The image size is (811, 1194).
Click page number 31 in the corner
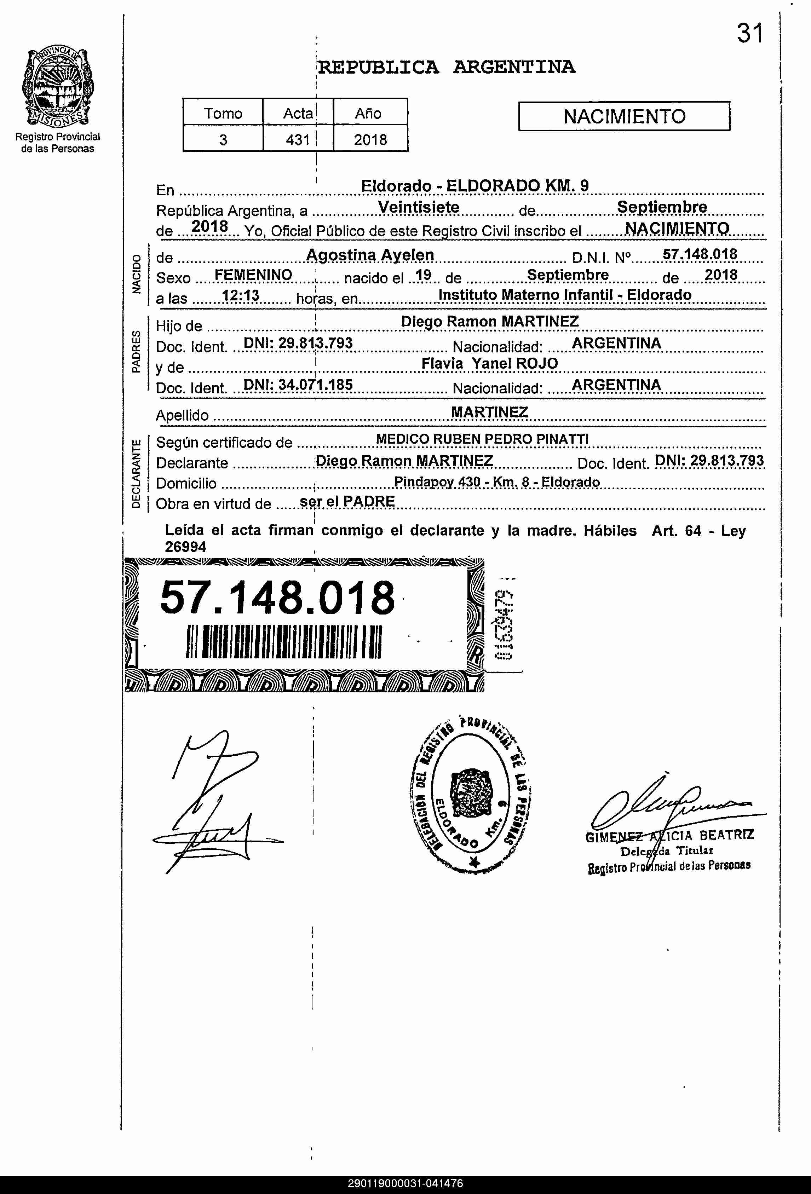pos(750,34)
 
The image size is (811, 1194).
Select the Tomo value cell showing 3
pos(223,140)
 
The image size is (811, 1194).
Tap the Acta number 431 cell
pos(298,140)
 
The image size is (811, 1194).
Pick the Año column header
pos(368,113)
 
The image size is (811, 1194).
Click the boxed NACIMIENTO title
pos(624,117)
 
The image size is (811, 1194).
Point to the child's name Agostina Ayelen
pos(370,255)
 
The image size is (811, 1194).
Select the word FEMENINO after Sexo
pos(253,275)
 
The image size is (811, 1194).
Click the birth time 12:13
pos(241,296)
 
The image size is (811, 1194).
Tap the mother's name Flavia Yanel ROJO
pos(489,363)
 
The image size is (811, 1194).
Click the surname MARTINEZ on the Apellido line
pos(489,412)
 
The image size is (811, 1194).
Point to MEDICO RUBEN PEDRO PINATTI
pos(482,439)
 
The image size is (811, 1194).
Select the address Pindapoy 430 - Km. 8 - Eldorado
pos(496,482)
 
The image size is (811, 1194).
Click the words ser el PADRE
pos(347,501)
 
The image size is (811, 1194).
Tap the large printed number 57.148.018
pos(277,597)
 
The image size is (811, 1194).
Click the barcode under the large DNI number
pos(284,642)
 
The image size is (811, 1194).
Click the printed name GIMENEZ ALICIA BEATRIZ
pos(669,835)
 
